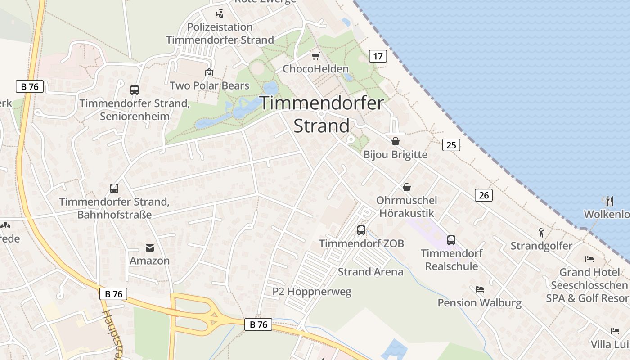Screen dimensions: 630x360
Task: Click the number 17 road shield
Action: click(x=378, y=56)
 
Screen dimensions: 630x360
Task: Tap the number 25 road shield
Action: click(x=451, y=145)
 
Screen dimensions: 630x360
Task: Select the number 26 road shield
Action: click(x=484, y=195)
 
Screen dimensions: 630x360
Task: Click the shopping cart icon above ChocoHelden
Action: click(x=316, y=56)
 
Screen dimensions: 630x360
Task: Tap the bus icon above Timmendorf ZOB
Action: click(x=361, y=230)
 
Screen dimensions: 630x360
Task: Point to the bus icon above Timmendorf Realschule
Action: click(x=451, y=240)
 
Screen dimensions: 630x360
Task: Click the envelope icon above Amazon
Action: click(x=149, y=248)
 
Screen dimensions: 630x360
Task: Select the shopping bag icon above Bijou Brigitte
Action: click(x=396, y=141)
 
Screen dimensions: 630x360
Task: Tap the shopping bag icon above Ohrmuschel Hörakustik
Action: click(x=407, y=187)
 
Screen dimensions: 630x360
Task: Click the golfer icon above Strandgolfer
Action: click(x=541, y=233)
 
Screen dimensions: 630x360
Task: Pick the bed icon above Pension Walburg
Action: click(x=480, y=289)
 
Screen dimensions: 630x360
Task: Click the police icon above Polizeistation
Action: click(x=220, y=13)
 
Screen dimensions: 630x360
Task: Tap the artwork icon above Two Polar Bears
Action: click(x=209, y=72)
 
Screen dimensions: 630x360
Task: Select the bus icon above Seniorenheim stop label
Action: click(x=135, y=90)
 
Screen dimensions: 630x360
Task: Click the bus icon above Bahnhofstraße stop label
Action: click(x=114, y=189)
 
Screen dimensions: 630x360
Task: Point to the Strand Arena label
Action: click(x=370, y=272)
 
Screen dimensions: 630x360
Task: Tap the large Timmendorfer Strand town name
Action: click(x=322, y=114)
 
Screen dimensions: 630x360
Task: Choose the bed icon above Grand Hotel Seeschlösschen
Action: click(x=589, y=259)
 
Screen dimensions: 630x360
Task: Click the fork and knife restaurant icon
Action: click(x=610, y=201)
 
